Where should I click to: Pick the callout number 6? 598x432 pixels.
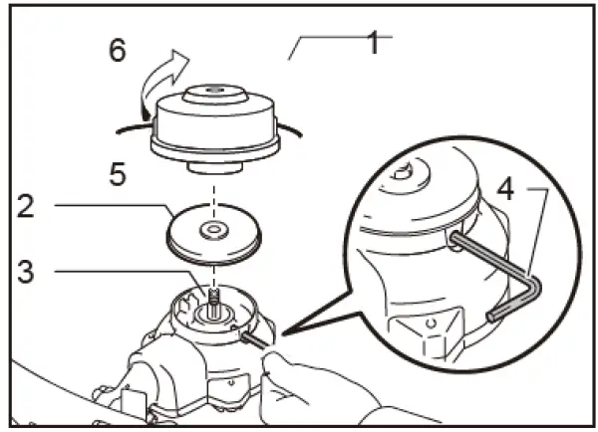(118, 50)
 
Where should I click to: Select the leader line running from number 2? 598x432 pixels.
(110, 206)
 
